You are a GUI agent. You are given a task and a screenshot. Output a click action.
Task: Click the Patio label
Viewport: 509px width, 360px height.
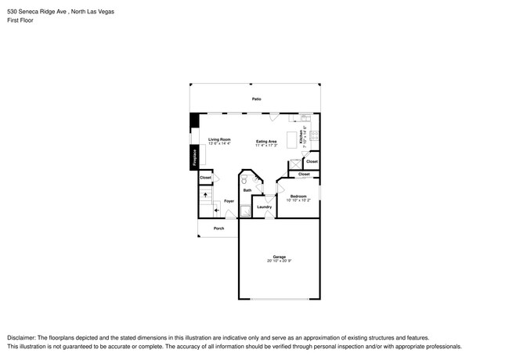tap(256, 99)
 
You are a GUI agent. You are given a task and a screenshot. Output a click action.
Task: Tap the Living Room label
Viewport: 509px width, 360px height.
tap(219, 139)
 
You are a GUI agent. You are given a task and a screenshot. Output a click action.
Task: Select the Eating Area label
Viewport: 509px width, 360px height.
tap(266, 142)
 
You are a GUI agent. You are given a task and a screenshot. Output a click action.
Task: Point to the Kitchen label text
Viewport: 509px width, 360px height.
tap(301, 139)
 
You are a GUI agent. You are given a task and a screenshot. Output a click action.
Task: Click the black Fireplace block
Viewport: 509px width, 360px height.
tap(193, 157)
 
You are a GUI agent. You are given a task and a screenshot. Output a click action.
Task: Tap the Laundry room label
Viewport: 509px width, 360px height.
tap(264, 207)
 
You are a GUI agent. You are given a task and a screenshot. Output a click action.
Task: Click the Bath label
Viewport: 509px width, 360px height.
tap(247, 190)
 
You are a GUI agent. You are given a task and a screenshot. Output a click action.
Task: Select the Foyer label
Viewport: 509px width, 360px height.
tap(229, 201)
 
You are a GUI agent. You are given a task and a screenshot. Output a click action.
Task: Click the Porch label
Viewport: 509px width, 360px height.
tap(218, 229)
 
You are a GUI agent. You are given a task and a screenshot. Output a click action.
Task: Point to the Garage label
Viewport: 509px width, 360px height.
tap(279, 256)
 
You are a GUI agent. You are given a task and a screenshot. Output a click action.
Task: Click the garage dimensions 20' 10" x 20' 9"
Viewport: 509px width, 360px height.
tap(279, 261)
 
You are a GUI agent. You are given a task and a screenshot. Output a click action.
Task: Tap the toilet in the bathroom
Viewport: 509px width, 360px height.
tap(244, 179)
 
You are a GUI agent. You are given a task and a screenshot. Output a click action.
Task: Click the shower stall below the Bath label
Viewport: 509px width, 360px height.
tap(245, 209)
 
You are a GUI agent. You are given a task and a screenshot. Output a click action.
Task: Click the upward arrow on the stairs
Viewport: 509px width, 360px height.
tap(205, 194)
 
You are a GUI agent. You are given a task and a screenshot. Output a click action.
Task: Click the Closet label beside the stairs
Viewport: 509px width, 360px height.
tap(205, 178)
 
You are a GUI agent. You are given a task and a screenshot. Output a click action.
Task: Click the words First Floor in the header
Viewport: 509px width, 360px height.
tap(20, 20)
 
